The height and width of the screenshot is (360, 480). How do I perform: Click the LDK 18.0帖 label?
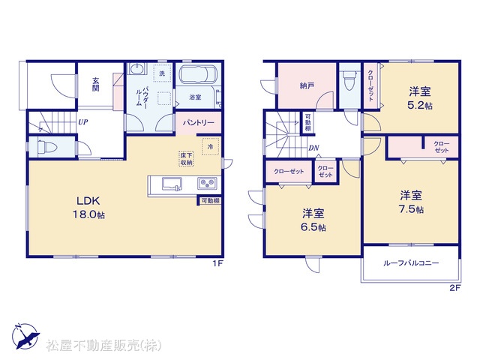88,208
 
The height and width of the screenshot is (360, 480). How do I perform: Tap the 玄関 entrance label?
96,85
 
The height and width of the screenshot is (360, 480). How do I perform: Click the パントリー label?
198,123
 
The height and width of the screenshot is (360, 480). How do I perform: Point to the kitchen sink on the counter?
172,184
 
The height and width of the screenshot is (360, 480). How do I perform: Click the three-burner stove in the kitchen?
207,183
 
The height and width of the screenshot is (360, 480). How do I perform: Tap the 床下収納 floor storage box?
187,158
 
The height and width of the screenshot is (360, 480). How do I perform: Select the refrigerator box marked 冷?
210,147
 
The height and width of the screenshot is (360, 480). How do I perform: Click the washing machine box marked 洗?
162,73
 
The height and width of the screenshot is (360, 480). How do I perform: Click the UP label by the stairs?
83,122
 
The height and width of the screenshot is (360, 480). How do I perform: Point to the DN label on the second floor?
313,148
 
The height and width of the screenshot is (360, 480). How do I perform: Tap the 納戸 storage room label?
307,85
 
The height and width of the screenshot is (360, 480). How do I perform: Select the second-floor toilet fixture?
349,79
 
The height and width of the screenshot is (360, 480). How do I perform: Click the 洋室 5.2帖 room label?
420,98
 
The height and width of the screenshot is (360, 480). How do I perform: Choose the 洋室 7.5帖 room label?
411,202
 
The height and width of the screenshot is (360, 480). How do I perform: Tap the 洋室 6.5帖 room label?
313,220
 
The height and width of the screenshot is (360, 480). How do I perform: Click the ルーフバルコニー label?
411,263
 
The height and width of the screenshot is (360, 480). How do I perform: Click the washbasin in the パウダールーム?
136,68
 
